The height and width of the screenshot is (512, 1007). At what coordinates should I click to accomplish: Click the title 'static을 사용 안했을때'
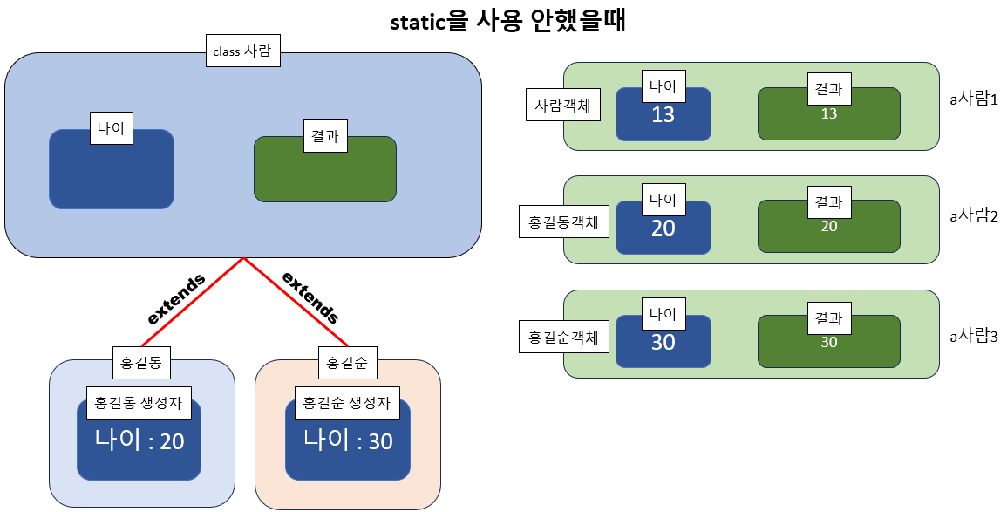tap(508, 21)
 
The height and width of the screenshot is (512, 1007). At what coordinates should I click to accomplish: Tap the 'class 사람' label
tap(242, 51)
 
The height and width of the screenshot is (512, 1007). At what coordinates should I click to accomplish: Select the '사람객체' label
tap(562, 106)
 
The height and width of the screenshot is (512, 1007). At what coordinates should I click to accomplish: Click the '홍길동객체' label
tap(558, 222)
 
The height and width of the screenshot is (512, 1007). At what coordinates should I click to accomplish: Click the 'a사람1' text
tap(973, 99)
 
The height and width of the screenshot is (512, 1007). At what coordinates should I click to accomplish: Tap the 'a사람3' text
tap(973, 335)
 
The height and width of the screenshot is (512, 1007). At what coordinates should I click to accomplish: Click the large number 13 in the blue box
tap(663, 114)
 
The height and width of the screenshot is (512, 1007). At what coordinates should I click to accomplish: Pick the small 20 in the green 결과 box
tap(828, 227)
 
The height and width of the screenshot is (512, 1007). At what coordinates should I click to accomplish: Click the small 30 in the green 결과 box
tap(828, 343)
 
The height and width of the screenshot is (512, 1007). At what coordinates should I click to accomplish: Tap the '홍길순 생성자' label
tap(346, 403)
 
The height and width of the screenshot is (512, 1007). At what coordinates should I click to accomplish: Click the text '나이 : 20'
tap(139, 440)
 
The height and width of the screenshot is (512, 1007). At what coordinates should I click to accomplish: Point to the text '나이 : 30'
tap(348, 440)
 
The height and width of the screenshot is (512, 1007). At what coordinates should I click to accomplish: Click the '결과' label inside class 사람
tap(324, 135)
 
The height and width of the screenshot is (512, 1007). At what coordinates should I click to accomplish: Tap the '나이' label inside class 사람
tap(112, 128)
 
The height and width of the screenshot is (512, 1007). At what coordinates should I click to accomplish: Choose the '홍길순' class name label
tap(348, 362)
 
